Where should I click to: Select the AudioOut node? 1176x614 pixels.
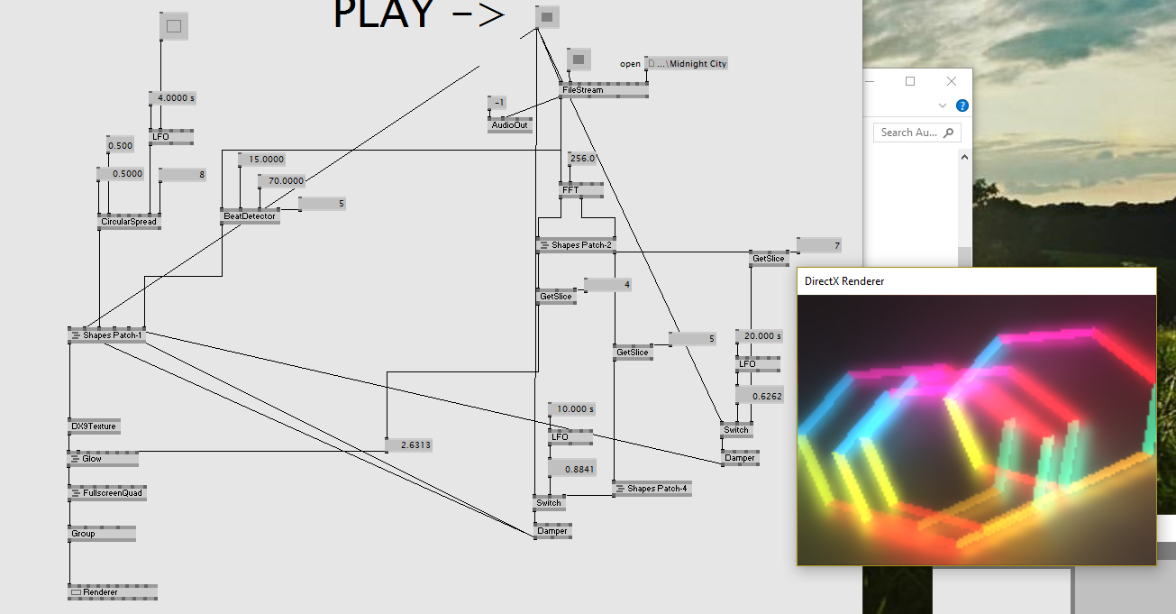[x=509, y=125]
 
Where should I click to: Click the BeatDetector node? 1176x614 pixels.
[x=249, y=216]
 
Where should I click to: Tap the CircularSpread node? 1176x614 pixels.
[x=129, y=222]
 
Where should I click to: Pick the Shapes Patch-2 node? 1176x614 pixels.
[x=577, y=245]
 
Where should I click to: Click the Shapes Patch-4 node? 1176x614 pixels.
[x=652, y=489]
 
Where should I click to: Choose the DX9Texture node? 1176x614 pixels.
[x=95, y=426]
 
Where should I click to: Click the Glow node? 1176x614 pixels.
[x=103, y=459]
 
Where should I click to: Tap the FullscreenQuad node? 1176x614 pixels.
[x=107, y=493]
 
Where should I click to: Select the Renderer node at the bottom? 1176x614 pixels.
[x=113, y=592]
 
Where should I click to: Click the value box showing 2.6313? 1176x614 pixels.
[x=409, y=444]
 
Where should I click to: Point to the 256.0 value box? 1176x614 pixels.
[x=582, y=159]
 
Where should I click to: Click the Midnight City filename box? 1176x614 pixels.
[x=687, y=63]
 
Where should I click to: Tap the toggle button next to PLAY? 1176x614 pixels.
[x=547, y=16]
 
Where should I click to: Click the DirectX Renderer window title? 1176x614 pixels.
[x=844, y=281]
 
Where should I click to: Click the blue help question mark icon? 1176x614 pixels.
[x=962, y=105]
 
